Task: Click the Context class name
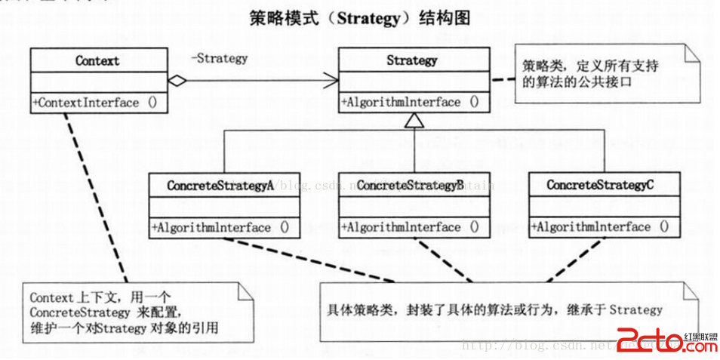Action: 97,60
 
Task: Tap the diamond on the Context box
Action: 177,79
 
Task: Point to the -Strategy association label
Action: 219,58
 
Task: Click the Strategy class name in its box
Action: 411,60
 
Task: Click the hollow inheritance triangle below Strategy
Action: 412,118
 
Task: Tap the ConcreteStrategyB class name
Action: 410,185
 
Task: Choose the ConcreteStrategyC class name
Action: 601,185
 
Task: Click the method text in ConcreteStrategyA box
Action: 221,226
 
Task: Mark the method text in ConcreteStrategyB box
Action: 410,226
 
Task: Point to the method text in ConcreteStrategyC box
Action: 600,226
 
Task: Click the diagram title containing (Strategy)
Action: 359,18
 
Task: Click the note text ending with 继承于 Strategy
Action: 494,309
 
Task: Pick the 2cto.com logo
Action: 666,341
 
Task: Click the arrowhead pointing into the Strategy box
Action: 331,78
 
